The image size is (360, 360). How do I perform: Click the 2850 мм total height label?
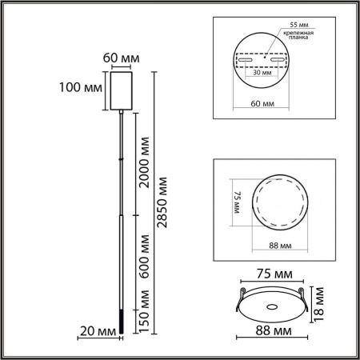tap(164, 202)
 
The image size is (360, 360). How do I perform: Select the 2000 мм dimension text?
tap(144, 161)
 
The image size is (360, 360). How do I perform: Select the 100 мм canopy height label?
tap(81, 86)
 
